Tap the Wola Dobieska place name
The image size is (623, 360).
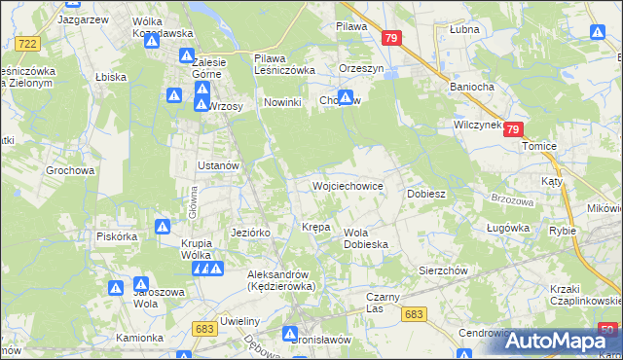366,238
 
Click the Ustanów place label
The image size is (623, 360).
218,165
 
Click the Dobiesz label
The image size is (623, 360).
425,194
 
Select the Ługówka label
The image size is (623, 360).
506,229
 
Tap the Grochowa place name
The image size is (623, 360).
70,170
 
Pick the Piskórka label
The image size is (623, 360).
116,235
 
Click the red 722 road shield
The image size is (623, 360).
28,44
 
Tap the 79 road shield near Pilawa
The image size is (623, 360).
392,38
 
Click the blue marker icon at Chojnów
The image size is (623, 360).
345,98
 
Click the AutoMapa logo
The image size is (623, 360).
556,342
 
